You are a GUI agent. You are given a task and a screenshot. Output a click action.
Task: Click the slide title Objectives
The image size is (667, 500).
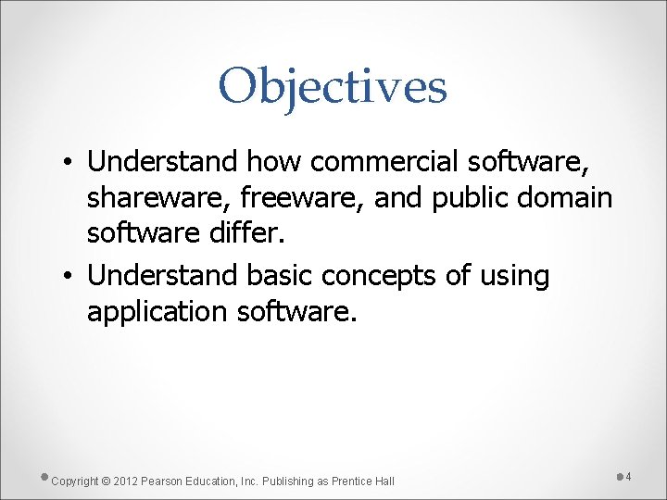pos(333,87)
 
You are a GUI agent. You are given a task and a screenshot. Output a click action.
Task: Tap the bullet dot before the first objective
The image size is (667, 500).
pos(70,163)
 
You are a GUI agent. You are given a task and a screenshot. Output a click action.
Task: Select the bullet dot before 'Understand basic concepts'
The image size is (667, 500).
pos(70,277)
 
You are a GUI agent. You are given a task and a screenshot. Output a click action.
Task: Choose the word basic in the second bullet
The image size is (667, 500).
pos(279,275)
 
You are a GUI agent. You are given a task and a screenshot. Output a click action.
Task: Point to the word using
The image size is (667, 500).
pos(515,276)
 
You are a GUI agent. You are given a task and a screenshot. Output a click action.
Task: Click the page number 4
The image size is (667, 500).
pos(628,477)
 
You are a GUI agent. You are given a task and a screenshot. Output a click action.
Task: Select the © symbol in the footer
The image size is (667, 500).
pos(106,481)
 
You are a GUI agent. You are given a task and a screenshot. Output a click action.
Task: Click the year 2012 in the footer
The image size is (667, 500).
pos(125,481)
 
